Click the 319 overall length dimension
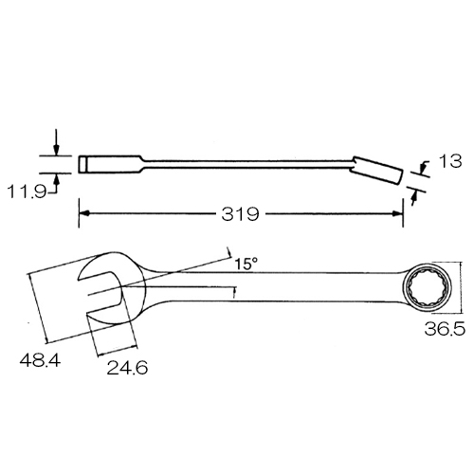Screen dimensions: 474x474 click(x=240, y=214)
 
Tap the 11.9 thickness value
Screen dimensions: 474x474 click(x=27, y=191)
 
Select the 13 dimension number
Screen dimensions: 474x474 click(x=450, y=161)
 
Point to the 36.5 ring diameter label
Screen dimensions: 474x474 click(x=445, y=328)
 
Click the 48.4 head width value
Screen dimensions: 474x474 click(x=40, y=360)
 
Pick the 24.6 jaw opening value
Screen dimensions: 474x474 click(x=127, y=368)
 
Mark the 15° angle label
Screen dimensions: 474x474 click(x=246, y=264)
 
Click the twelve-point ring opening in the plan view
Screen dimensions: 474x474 click(x=428, y=289)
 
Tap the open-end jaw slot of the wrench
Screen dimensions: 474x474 click(x=100, y=292)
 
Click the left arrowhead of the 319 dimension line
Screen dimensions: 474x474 click(x=83, y=213)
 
